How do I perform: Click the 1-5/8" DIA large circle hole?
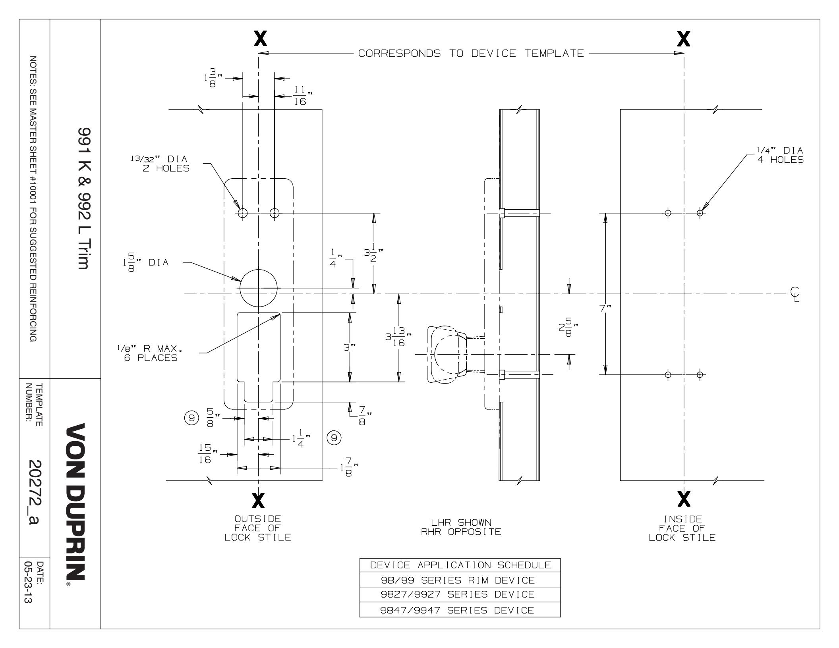point(258,288)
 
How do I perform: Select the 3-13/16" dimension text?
point(398,337)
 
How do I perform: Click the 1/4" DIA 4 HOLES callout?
point(779,155)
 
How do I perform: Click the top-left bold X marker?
point(260,39)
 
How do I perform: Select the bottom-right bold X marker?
point(684,499)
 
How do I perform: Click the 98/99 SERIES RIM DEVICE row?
point(460,580)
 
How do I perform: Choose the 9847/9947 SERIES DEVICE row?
point(460,610)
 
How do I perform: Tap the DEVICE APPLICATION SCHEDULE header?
point(460,565)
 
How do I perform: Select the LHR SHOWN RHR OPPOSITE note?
point(461,527)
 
